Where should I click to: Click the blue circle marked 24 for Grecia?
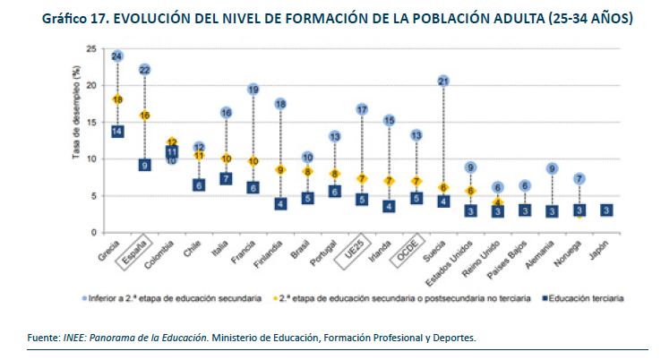tap(117, 56)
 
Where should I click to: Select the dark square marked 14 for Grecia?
tap(117, 131)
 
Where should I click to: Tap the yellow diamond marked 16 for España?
tap(144, 116)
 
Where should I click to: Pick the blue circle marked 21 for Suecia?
tap(443, 81)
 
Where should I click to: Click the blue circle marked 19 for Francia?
tap(253, 90)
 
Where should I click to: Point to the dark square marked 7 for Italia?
tap(227, 178)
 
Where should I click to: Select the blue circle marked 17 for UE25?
tap(362, 109)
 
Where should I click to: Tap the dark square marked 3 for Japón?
tap(606, 210)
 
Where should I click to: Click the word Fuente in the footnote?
tap(44, 337)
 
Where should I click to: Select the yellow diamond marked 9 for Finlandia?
tap(280, 169)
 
